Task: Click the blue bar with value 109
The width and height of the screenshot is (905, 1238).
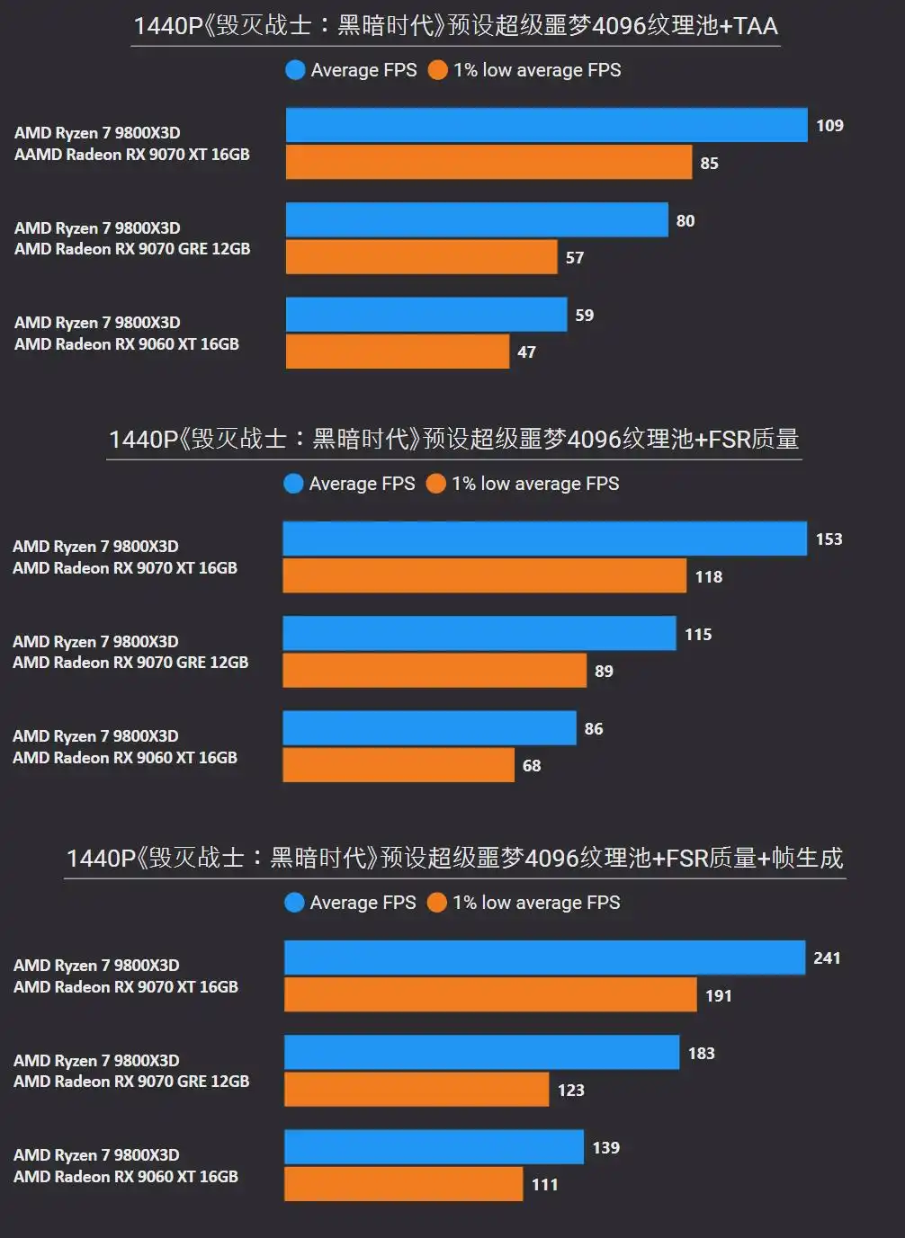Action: point(546,125)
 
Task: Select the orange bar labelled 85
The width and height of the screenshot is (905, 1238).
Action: point(488,163)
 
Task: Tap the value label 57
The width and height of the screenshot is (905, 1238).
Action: point(575,258)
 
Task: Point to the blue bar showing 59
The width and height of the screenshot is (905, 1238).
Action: point(426,315)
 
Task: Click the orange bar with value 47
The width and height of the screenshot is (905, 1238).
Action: point(397,352)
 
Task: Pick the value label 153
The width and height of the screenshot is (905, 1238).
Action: point(829,539)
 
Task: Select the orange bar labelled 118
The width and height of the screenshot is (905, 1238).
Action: point(484,576)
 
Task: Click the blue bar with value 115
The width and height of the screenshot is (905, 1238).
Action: point(479,634)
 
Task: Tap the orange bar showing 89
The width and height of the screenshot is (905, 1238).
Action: point(435,671)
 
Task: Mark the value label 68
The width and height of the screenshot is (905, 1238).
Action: point(532,766)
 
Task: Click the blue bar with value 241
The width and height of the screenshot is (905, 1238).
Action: point(544,957)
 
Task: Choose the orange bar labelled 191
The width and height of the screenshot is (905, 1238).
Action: point(490,995)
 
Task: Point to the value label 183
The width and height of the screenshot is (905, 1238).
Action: point(701,1054)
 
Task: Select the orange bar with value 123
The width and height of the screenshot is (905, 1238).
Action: point(417,1090)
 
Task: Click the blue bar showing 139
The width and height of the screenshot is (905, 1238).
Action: point(434,1147)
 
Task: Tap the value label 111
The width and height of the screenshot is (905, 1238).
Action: point(544,1185)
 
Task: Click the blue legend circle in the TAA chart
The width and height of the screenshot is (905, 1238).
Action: point(295,70)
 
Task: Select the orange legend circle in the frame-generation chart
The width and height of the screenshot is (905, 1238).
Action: point(437,903)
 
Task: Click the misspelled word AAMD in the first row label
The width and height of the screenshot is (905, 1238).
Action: point(38,155)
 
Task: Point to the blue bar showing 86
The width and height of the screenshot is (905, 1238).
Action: point(429,728)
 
